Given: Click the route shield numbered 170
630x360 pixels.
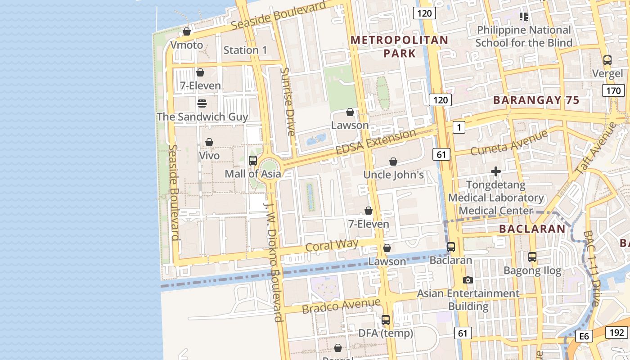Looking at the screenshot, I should point(613,91).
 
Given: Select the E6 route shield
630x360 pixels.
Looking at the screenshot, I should point(584,336).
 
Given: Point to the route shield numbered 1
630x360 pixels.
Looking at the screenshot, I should point(459,128).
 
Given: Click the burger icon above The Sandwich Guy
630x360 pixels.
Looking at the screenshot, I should point(202,103).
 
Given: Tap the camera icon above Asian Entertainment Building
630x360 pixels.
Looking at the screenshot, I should point(468,280).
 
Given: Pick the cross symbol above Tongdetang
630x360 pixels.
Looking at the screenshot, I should point(496,171).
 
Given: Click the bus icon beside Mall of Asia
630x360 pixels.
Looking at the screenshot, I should point(253,161).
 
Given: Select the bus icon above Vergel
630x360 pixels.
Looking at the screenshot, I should point(607,60).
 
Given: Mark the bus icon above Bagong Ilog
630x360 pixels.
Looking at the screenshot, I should point(532,257).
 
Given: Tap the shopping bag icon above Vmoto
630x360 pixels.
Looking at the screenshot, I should point(187,31).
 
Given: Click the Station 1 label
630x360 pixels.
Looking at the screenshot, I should point(245,50).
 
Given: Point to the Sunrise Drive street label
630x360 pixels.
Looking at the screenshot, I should point(288,102).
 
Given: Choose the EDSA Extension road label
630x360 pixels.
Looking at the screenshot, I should point(376,142).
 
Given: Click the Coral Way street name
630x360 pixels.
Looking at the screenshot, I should point(332,245).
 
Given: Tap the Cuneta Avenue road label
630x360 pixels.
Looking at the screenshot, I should point(509,143).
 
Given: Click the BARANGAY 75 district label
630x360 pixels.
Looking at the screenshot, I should point(536,100).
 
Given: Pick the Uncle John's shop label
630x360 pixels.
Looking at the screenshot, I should point(393,175).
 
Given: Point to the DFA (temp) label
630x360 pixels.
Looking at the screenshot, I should point(386,333).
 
